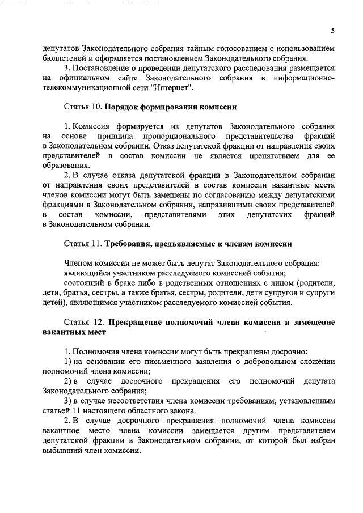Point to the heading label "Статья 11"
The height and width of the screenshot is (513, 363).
point(83,244)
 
